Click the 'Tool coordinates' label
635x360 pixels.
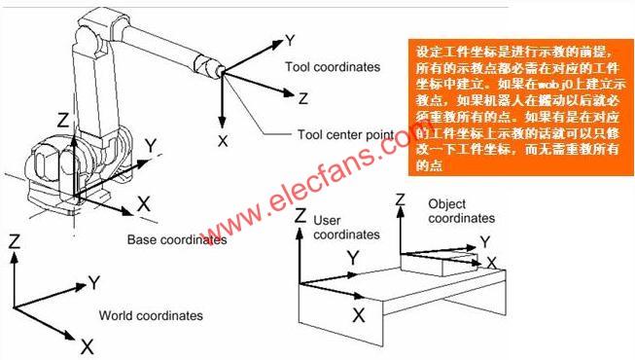tap(332, 67)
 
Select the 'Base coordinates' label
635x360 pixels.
tap(177, 238)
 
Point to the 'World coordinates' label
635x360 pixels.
tap(151, 315)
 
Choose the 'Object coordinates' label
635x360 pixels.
tap(462, 211)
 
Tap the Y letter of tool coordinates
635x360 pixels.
tap(289, 41)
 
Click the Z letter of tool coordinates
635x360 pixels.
tap(303, 98)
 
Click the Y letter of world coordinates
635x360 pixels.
tap(94, 282)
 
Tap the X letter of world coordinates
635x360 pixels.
tap(87, 345)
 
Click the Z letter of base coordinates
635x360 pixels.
tap(62, 121)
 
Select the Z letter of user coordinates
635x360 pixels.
tap(300, 215)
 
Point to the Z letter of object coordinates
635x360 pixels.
tap(400, 199)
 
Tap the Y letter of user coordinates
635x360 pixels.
tap(354, 257)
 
